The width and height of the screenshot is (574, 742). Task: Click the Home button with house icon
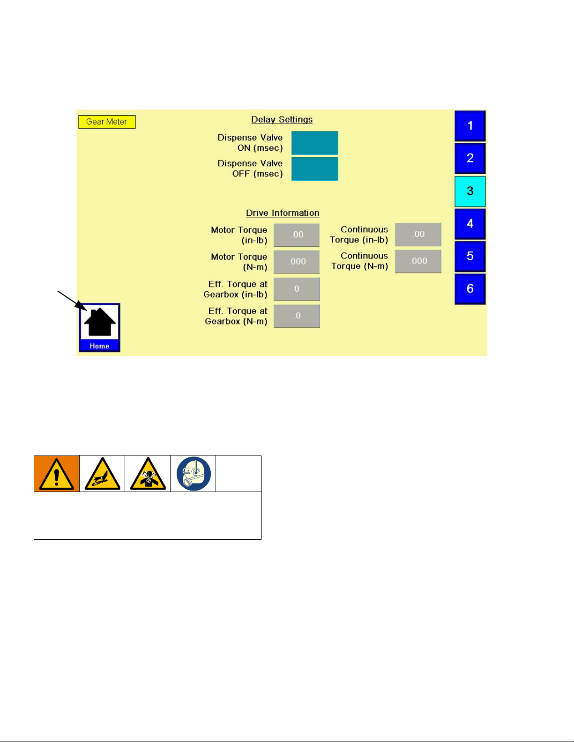click(x=99, y=327)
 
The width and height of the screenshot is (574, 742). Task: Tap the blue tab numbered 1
click(x=470, y=125)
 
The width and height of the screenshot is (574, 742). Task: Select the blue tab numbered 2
click(x=470, y=158)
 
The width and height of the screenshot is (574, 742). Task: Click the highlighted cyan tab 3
click(x=470, y=191)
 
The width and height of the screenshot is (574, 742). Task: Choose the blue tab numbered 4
click(x=470, y=224)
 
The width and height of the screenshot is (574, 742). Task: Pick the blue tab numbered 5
click(x=470, y=257)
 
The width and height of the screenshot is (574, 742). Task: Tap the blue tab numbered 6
click(x=470, y=289)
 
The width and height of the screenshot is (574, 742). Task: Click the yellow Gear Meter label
click(x=107, y=122)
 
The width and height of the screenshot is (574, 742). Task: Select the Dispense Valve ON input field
click(x=314, y=143)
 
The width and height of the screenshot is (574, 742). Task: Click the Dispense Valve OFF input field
click(x=314, y=169)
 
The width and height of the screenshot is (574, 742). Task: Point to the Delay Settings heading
click(x=282, y=119)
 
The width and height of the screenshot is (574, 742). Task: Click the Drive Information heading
click(x=283, y=213)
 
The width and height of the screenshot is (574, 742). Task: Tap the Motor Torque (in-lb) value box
click(x=297, y=235)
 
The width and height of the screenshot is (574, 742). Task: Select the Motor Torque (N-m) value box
click(x=297, y=261)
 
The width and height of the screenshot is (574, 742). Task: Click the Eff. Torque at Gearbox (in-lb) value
click(x=297, y=289)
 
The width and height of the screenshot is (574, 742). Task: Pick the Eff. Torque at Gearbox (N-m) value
click(x=297, y=316)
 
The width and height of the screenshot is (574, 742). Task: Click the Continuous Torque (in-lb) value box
click(x=418, y=234)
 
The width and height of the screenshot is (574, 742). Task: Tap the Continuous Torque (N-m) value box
click(x=418, y=261)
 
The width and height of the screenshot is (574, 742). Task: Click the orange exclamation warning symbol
click(x=57, y=474)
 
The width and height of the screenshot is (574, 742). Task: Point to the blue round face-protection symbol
click(x=194, y=474)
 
